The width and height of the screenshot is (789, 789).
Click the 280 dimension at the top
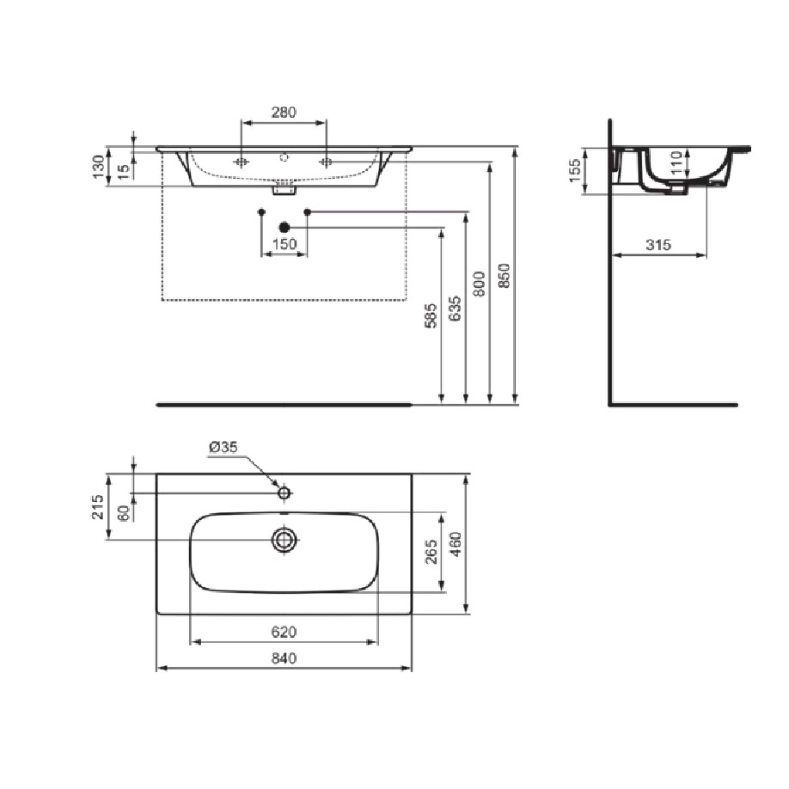284,112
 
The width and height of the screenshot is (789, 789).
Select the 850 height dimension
504,275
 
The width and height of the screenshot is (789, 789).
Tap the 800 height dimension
480,284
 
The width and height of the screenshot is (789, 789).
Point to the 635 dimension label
455,309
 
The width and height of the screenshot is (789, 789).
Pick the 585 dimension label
431,316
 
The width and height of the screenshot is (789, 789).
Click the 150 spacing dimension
284,245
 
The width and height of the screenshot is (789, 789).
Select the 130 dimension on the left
99,167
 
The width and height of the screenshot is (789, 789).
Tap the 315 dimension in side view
658,245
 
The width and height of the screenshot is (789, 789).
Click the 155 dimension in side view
574,170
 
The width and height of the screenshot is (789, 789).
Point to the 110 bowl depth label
676,162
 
